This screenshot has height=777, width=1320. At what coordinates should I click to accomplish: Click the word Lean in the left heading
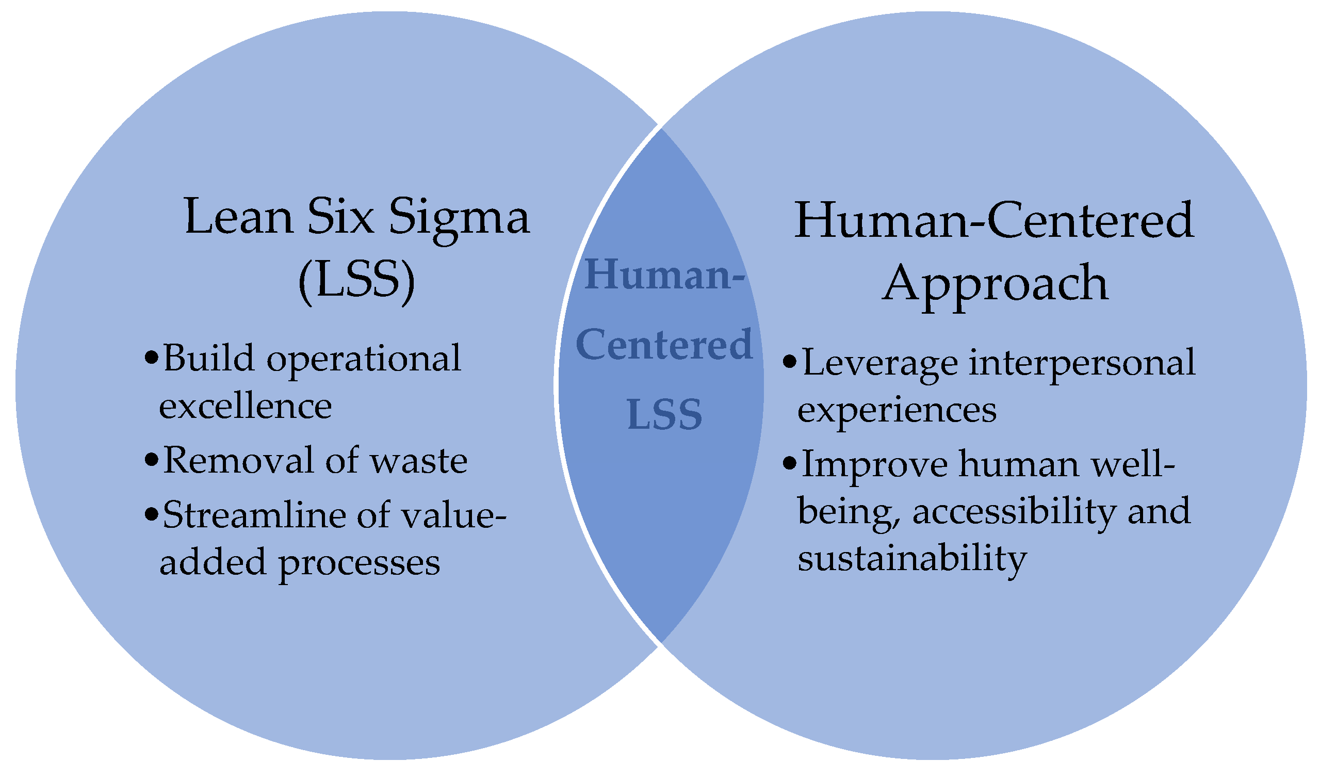[x=239, y=216]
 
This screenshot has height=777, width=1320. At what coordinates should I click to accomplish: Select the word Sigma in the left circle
[x=459, y=219]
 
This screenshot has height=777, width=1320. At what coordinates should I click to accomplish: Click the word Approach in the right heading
[x=995, y=284]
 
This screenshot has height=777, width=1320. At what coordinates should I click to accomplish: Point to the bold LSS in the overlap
[x=664, y=414]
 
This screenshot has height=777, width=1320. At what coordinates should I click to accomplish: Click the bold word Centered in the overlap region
[x=664, y=345]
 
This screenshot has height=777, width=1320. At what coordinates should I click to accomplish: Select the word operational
[x=364, y=360]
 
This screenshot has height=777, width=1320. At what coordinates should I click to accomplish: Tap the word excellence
[x=245, y=406]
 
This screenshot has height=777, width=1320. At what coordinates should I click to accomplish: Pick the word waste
[x=419, y=461]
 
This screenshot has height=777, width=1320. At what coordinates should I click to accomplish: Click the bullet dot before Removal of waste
[x=151, y=460]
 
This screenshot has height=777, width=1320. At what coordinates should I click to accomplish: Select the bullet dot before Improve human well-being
[x=789, y=463]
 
